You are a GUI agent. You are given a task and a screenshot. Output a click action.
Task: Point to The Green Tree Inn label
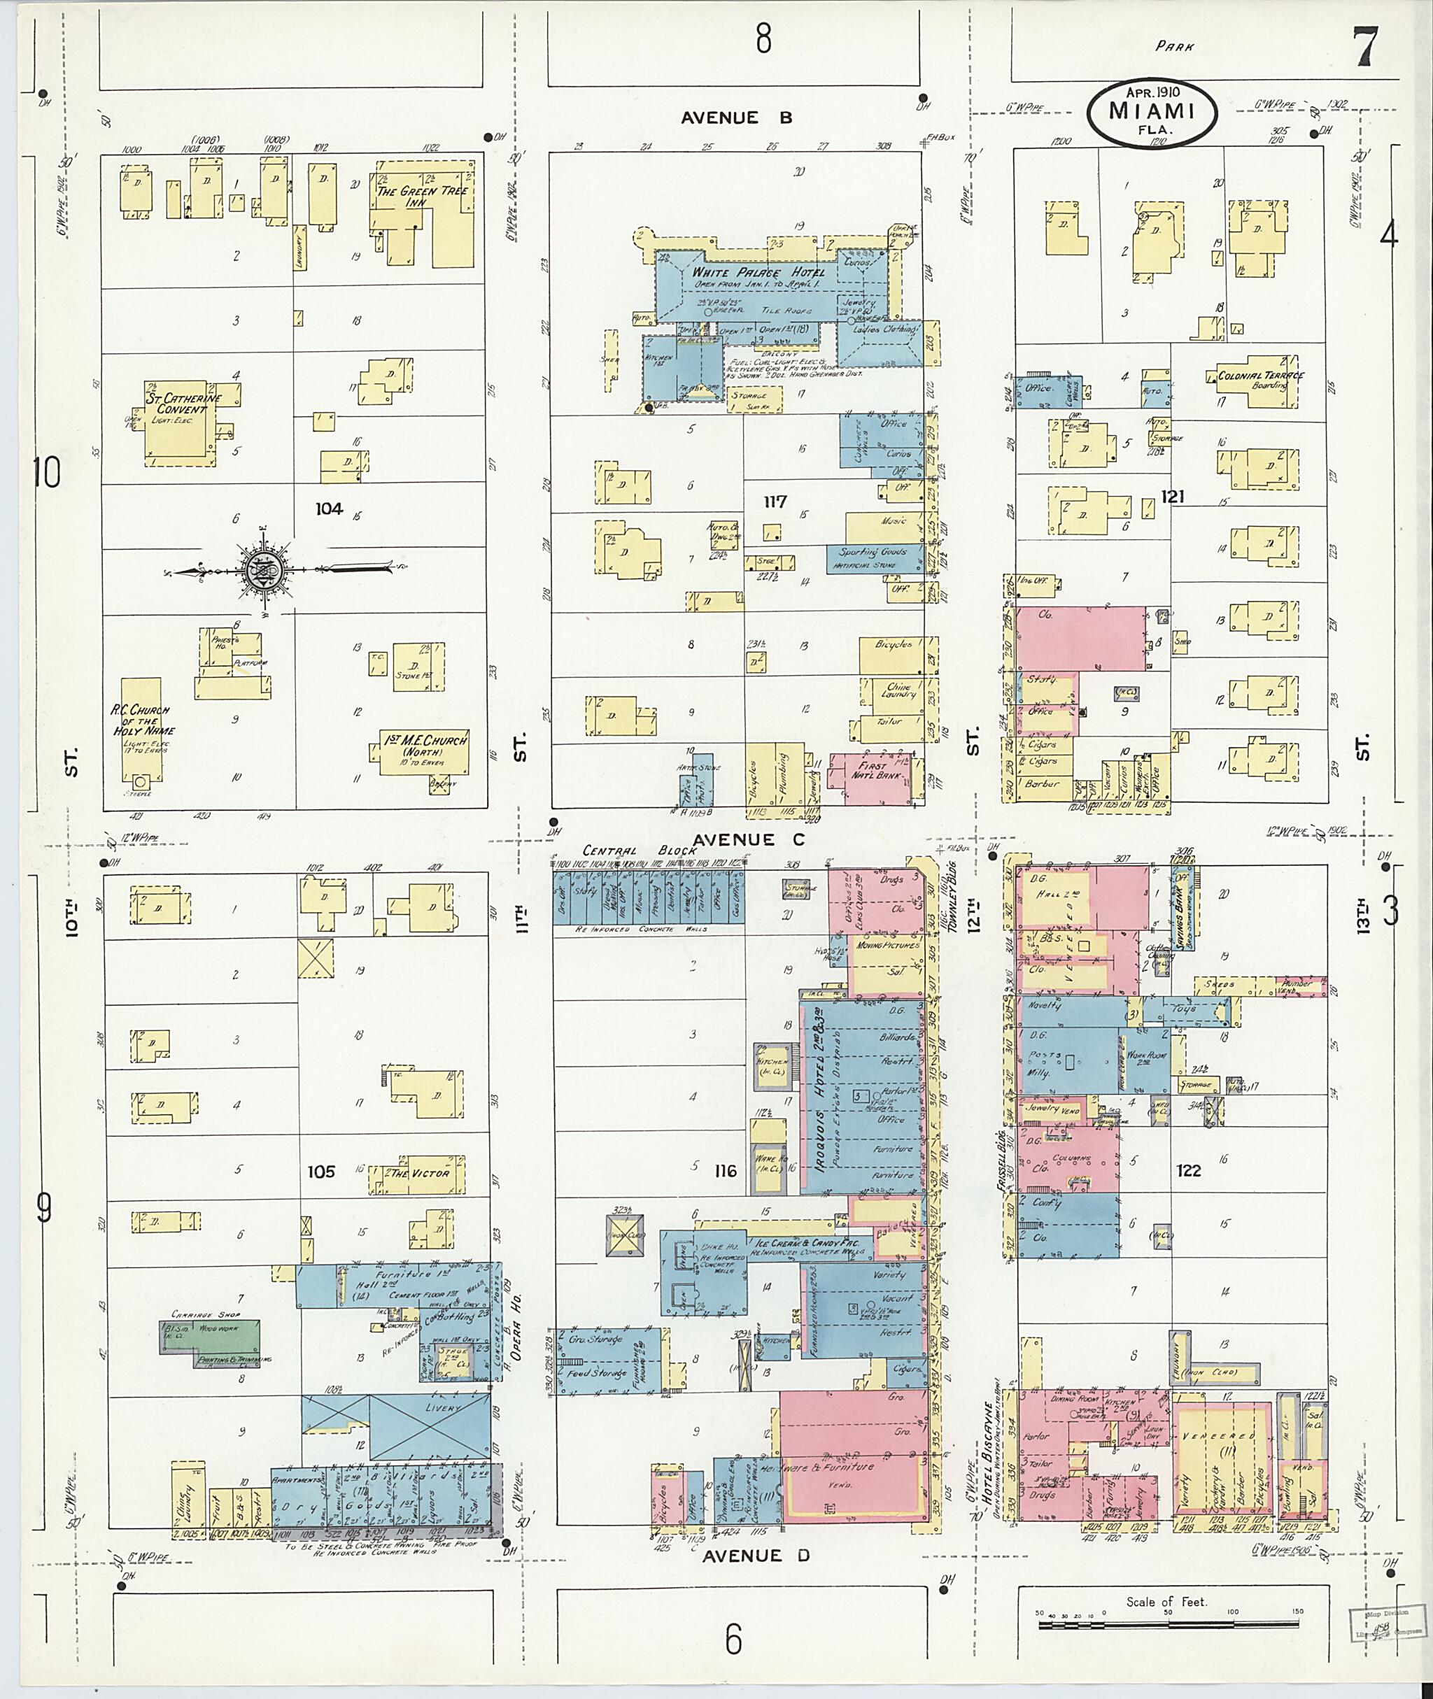[422, 197]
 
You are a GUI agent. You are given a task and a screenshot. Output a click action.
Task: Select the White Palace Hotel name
[757, 273]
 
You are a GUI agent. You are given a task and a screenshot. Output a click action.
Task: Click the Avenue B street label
[736, 118]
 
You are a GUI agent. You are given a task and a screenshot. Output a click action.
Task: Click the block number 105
[321, 1171]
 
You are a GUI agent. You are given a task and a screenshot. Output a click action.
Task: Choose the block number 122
[1187, 1170]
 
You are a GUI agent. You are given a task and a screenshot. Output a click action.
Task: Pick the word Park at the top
[1175, 46]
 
